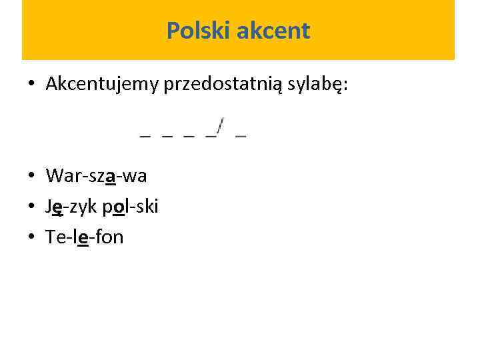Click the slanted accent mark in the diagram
click(220, 125)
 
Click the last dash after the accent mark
click(241, 135)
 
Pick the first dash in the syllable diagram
click(145, 135)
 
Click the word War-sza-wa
click(97, 176)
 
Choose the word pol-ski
click(131, 207)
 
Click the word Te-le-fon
click(85, 237)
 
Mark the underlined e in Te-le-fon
click(83, 238)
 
